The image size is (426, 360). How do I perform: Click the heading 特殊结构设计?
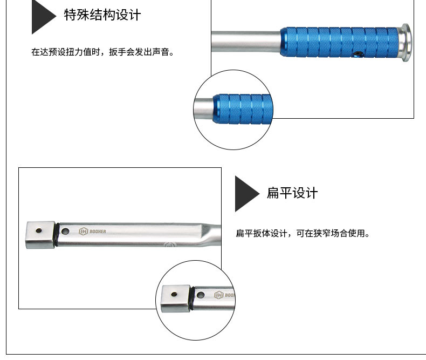pyautogui.click(x=102, y=15)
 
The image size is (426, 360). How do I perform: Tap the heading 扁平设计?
pyautogui.click(x=292, y=193)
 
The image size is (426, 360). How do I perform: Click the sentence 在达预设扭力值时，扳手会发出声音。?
pyautogui.click(x=102, y=52)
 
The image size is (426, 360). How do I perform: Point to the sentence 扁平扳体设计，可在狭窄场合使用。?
pyautogui.click(x=303, y=233)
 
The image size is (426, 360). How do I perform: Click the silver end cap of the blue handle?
pyautogui.click(x=405, y=43)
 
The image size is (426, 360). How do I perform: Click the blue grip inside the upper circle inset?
pyautogui.click(x=243, y=109)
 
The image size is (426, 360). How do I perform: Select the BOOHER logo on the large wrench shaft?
pyautogui.click(x=92, y=232)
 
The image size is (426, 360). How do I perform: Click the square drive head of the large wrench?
pyautogui.click(x=40, y=235)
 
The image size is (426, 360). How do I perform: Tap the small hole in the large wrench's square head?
pyautogui.click(x=39, y=231)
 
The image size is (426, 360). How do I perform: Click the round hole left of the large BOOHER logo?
pyautogui.click(x=65, y=232)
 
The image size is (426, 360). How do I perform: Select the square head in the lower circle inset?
pyautogui.click(x=175, y=298)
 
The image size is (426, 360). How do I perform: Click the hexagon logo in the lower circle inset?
pyautogui.click(x=219, y=295)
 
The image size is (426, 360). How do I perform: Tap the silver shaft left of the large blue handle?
pyautogui.click(x=246, y=42)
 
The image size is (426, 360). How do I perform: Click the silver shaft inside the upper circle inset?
pyautogui.click(x=204, y=109)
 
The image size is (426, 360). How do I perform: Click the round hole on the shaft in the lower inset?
pyautogui.click(x=201, y=295)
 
